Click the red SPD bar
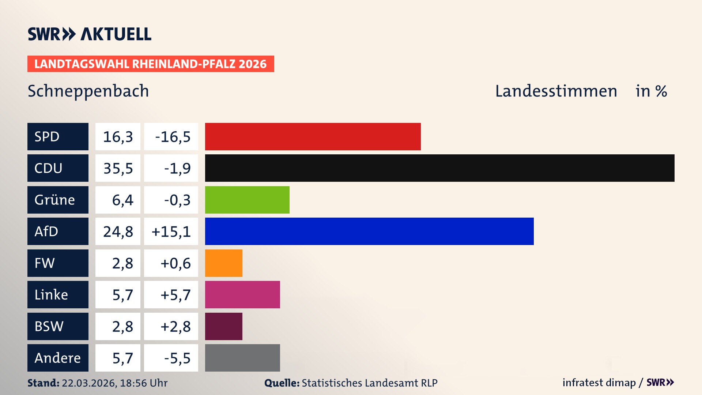tap(313, 136)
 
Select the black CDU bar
tap(439, 168)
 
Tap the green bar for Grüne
tap(247, 200)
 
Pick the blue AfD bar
tap(369, 231)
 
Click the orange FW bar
tap(223, 263)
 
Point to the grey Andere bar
tap(242, 358)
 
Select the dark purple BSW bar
tap(223, 326)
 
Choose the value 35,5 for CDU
tap(118, 168)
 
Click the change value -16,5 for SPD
tap(173, 137)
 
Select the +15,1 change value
tap(171, 232)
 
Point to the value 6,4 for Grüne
tap(122, 200)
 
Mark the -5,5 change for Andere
tap(177, 358)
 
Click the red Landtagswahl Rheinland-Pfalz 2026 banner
tap(150, 64)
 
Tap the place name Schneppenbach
tap(88, 91)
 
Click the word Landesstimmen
tap(556, 91)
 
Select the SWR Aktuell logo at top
tap(89, 34)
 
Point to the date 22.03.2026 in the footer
tap(89, 383)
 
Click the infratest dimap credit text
tap(599, 383)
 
